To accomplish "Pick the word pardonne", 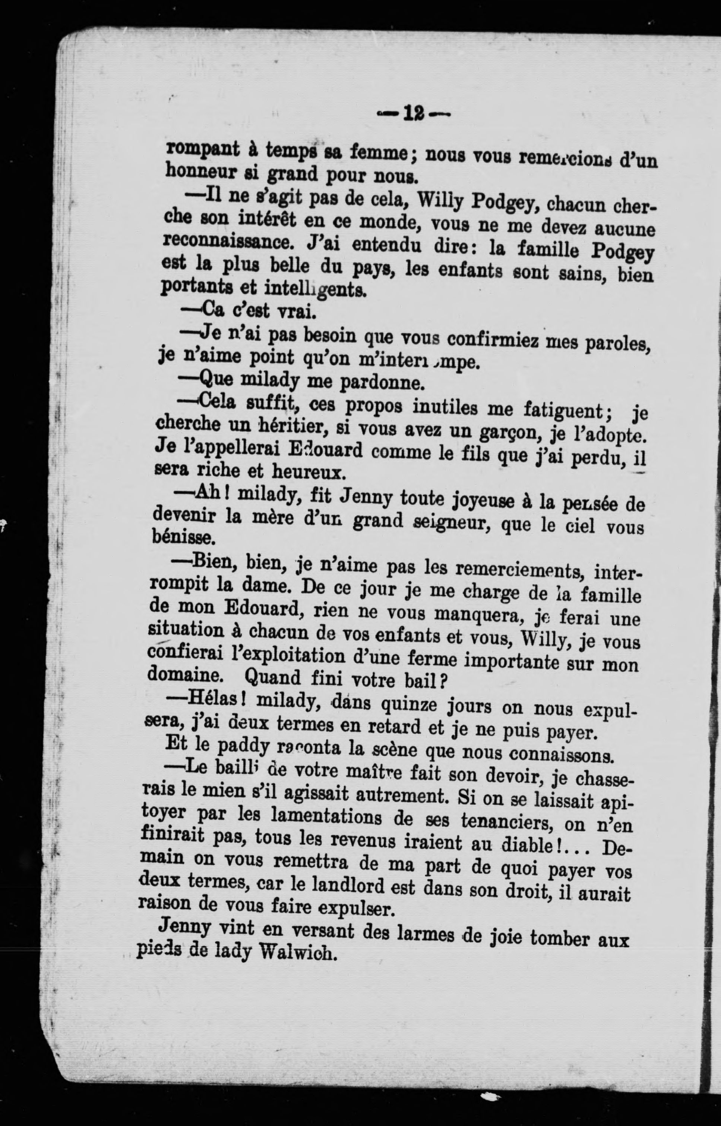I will pyautogui.click(x=382, y=382).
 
